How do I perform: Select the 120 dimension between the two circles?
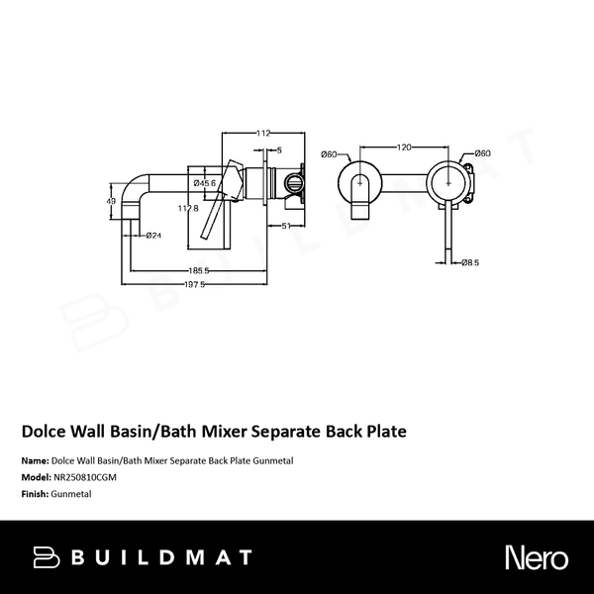404,147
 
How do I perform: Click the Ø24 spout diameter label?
153,235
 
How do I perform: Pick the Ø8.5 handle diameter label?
470,262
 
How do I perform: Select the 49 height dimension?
112,201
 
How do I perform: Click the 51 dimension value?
283,227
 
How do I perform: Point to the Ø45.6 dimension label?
205,183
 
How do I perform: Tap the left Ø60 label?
330,152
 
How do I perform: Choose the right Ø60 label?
482,152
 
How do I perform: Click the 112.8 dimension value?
188,208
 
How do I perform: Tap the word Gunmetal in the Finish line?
71,492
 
